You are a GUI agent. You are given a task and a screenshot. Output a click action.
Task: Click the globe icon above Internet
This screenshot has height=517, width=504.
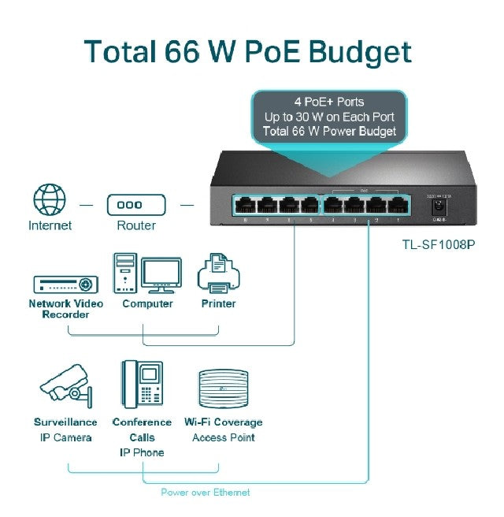[50, 200]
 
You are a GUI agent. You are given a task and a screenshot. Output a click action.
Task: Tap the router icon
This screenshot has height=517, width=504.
[136, 204]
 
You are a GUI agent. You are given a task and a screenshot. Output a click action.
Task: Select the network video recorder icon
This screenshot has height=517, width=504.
[65, 285]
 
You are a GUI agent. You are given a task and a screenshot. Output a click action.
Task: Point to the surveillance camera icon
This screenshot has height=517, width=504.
[66, 384]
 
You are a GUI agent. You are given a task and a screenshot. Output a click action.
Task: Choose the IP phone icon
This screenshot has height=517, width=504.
[142, 384]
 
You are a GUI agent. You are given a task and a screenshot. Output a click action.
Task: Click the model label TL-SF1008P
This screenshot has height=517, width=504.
[438, 244]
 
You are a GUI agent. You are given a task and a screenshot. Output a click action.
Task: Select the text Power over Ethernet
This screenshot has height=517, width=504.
[205, 493]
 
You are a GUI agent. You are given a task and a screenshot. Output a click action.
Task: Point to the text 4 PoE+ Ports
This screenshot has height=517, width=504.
[329, 102]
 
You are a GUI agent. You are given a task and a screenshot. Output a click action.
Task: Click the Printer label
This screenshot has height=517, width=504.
[218, 303]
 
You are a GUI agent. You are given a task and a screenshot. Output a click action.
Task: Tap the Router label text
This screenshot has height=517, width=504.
[136, 225]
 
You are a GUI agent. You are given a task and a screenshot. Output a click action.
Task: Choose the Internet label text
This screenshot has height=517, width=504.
[50, 225]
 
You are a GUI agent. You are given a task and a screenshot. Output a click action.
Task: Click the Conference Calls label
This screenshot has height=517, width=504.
[142, 430]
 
